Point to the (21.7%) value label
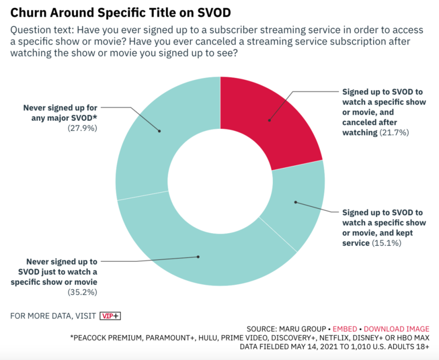pyautogui.click(x=394, y=132)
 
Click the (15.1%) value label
pyautogui.click(x=386, y=242)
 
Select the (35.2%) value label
pyautogui.click(x=82, y=291)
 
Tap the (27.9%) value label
pyautogui.click(x=82, y=127)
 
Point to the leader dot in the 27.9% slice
pyautogui.click(x=159, y=131)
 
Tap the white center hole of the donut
pyautogui.click(x=219, y=181)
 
